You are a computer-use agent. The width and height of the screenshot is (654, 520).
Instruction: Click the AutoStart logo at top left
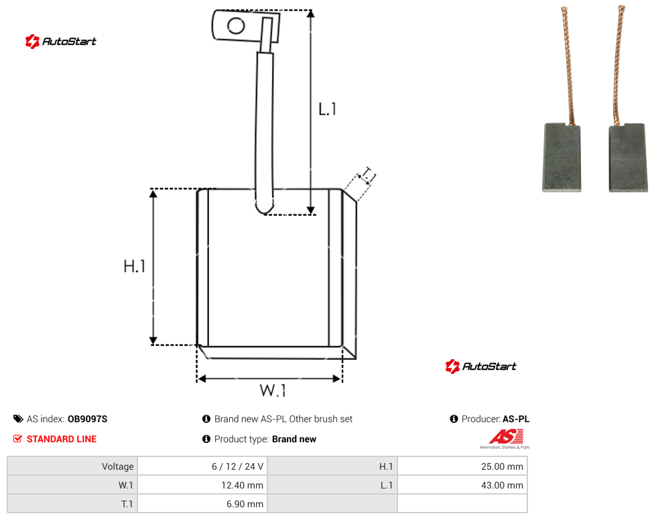[x=60, y=42]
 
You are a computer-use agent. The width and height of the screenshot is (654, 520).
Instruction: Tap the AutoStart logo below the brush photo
[x=480, y=366]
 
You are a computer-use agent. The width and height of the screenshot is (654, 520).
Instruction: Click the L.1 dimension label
[x=328, y=109]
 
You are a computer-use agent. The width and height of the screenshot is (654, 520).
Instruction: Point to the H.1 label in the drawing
[x=134, y=266]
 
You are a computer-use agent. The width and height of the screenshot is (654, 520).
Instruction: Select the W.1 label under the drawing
[x=273, y=391]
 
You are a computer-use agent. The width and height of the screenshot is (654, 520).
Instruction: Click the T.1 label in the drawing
[x=367, y=176]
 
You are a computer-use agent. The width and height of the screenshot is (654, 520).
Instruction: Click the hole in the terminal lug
[x=236, y=26]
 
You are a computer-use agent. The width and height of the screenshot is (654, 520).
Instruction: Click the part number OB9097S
[x=88, y=419]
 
